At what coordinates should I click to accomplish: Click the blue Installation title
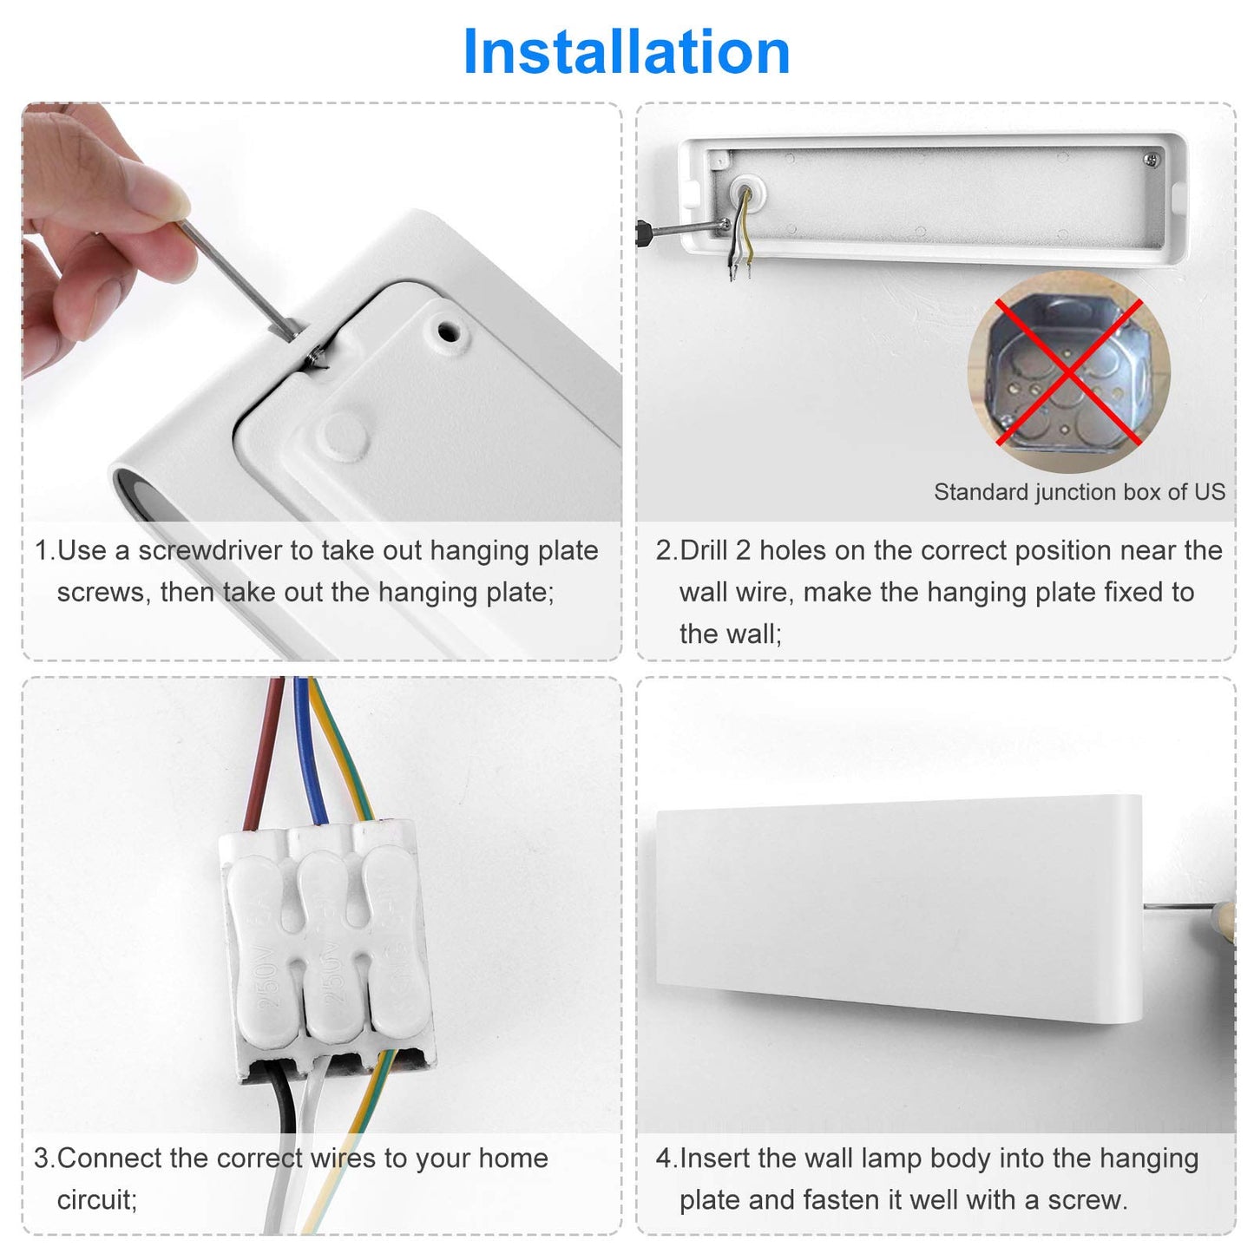(626, 52)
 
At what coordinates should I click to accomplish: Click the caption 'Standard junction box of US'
(1080, 492)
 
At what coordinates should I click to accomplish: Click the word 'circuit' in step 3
(95, 1200)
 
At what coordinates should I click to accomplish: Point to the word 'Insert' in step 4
(715, 1159)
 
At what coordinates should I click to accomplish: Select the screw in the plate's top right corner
(1152, 158)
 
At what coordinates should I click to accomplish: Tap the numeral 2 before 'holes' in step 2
(743, 550)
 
